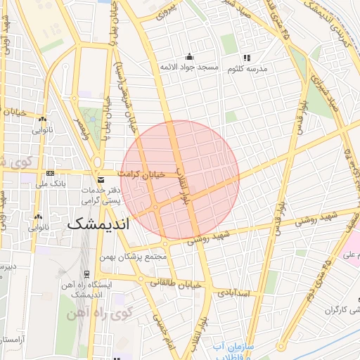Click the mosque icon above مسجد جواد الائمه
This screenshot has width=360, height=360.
click(x=188, y=57)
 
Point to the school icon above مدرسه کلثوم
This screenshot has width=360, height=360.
click(x=246, y=58)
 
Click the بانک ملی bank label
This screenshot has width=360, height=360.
click(x=50, y=184)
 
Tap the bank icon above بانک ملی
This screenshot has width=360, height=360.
click(x=50, y=173)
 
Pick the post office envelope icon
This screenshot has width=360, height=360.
click(x=101, y=181)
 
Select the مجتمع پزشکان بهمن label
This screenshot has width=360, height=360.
click(x=137, y=257)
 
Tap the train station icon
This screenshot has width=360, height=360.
click(x=86, y=275)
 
